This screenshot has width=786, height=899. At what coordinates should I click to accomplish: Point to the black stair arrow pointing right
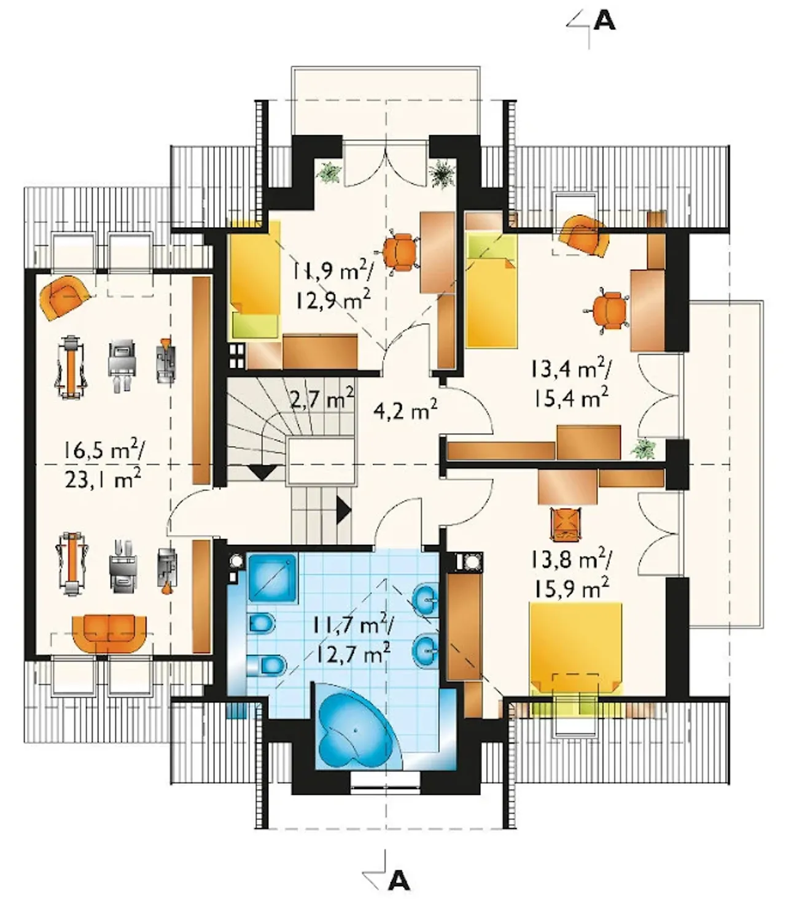click(x=344, y=510)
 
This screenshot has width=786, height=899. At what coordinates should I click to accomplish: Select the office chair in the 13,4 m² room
click(x=608, y=311)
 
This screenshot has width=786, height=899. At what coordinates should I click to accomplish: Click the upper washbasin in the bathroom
click(x=426, y=598)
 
